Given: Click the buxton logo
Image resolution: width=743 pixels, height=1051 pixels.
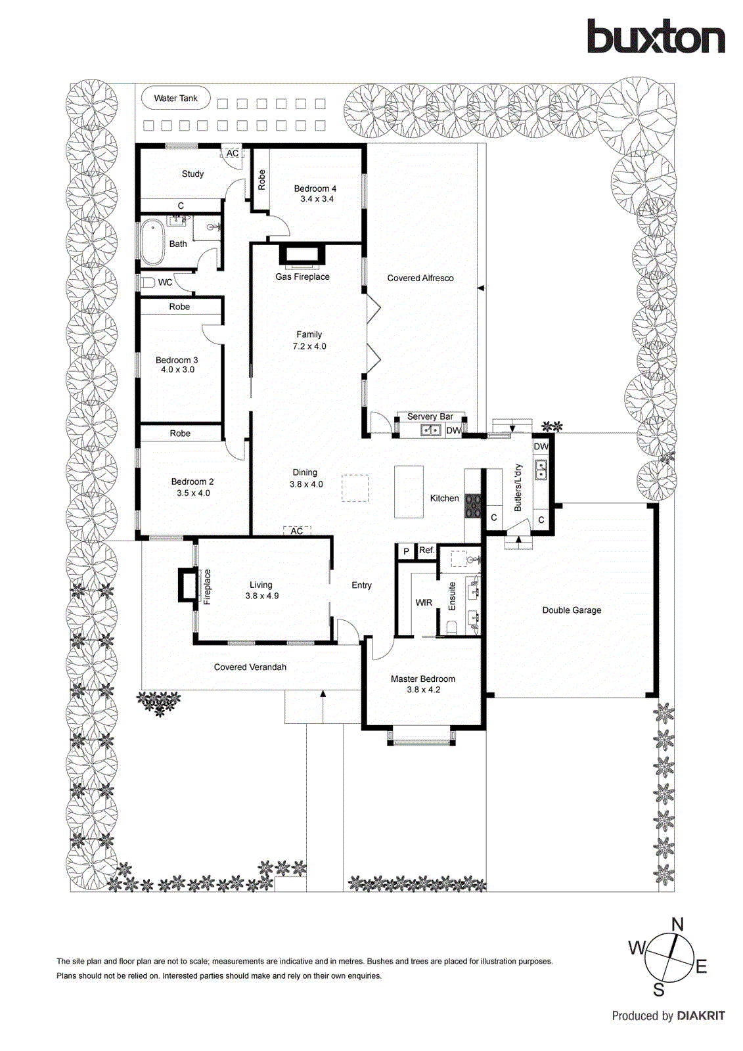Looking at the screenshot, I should (x=656, y=37).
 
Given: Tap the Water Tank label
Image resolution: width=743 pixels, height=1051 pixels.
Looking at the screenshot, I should (x=175, y=99).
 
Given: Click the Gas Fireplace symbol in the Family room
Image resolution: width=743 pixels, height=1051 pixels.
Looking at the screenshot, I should (x=302, y=255).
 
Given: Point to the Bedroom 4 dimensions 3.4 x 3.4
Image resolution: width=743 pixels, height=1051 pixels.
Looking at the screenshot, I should (x=317, y=199).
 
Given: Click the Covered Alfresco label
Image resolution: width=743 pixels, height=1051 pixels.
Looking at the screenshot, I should (x=420, y=278).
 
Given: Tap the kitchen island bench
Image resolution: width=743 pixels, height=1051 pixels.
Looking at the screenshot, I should (x=409, y=492).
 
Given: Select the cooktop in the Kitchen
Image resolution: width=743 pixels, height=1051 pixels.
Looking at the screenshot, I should (x=473, y=506).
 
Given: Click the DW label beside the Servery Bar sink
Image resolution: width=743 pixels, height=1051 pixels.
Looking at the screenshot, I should (x=453, y=431).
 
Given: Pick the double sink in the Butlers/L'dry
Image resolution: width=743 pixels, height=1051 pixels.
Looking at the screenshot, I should (x=541, y=470).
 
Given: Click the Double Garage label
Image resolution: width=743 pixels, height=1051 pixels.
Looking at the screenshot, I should (x=572, y=610).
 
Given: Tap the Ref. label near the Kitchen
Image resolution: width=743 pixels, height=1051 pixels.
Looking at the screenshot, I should (x=426, y=550).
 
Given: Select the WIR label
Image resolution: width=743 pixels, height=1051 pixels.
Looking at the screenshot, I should (x=424, y=602).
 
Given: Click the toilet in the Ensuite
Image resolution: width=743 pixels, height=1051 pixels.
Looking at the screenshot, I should (x=451, y=628).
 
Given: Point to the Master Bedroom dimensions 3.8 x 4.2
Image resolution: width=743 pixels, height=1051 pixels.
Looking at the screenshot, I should (x=423, y=690).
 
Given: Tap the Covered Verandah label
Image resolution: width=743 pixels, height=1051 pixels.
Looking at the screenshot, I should (x=250, y=667).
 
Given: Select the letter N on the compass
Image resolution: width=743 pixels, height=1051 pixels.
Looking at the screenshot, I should (x=677, y=924).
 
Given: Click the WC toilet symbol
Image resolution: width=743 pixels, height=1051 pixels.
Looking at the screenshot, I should (x=147, y=282).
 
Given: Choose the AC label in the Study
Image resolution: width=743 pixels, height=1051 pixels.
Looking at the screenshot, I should (x=233, y=153).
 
